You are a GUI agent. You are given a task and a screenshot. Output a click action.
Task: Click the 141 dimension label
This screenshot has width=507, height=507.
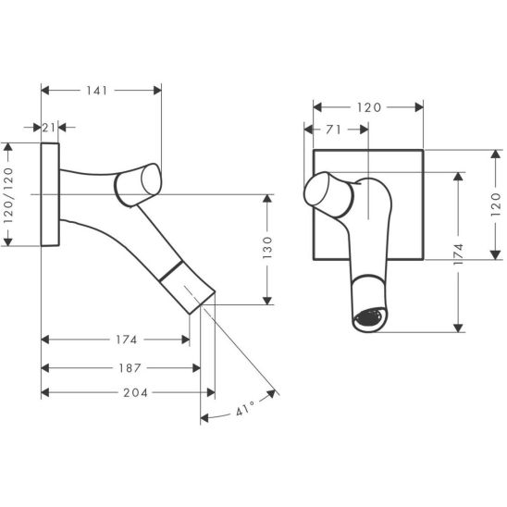point(96,91)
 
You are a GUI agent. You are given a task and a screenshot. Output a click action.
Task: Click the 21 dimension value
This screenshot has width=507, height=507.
point(49,128)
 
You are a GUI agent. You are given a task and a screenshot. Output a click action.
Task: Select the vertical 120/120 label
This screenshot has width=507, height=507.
point(8,194)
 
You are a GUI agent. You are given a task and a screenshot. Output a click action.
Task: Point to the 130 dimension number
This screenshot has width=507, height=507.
point(267,247)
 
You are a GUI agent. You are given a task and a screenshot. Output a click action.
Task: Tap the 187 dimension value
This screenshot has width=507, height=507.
point(130,368)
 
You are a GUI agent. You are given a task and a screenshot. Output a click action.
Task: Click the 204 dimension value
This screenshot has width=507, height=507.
point(135,393)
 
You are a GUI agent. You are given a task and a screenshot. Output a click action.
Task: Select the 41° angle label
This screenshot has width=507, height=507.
point(245,409)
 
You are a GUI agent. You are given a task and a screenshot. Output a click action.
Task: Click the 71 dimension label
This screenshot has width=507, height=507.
point(333,130)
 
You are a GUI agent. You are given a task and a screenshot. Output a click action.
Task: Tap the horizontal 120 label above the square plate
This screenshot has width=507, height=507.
point(369,107)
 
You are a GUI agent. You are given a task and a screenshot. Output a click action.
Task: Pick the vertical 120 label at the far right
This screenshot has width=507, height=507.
point(496,204)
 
